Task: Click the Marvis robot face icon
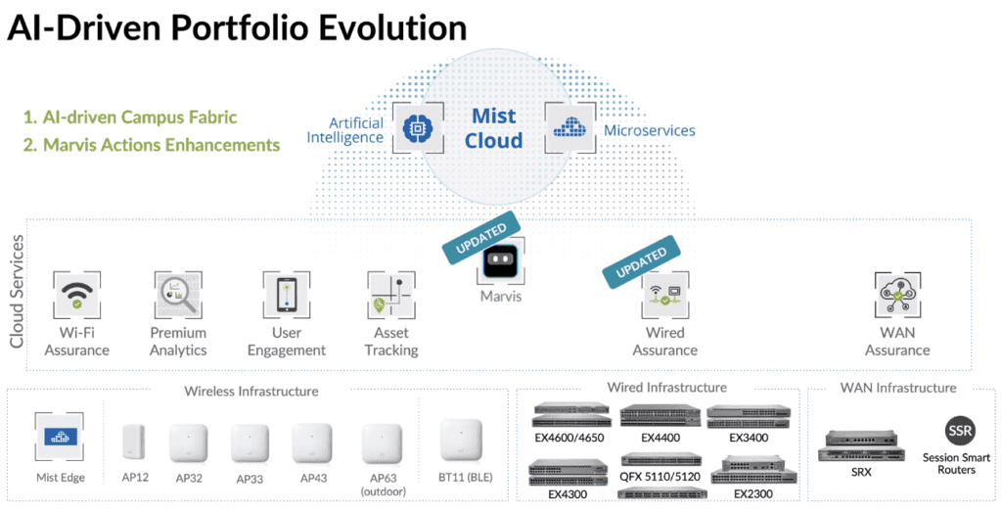(500, 261)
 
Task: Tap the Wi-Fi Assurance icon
(76, 295)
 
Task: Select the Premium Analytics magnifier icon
(178, 295)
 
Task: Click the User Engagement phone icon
(287, 295)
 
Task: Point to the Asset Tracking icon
(391, 295)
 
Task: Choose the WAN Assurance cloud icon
(897, 295)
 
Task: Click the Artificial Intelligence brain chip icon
(417, 128)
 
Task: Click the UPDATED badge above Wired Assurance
(641, 261)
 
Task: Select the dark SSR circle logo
(960, 431)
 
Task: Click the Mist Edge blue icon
(60, 437)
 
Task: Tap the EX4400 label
(660, 439)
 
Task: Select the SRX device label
(861, 472)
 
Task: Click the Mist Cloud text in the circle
(493, 128)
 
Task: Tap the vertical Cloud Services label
(17, 292)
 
